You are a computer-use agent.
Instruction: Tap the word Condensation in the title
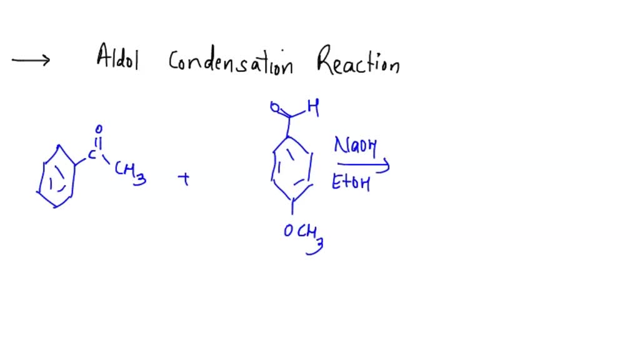[x=231, y=62]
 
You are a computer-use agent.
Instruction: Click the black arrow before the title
[x=31, y=60]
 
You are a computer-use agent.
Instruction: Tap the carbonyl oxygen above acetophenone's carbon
[x=99, y=130]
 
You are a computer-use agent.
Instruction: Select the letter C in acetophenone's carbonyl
[x=92, y=153]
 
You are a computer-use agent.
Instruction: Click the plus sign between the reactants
[x=184, y=180]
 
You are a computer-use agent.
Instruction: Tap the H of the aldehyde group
[x=313, y=109]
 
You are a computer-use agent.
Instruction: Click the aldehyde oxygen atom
[x=274, y=107]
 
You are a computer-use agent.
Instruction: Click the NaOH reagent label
[x=354, y=147]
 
